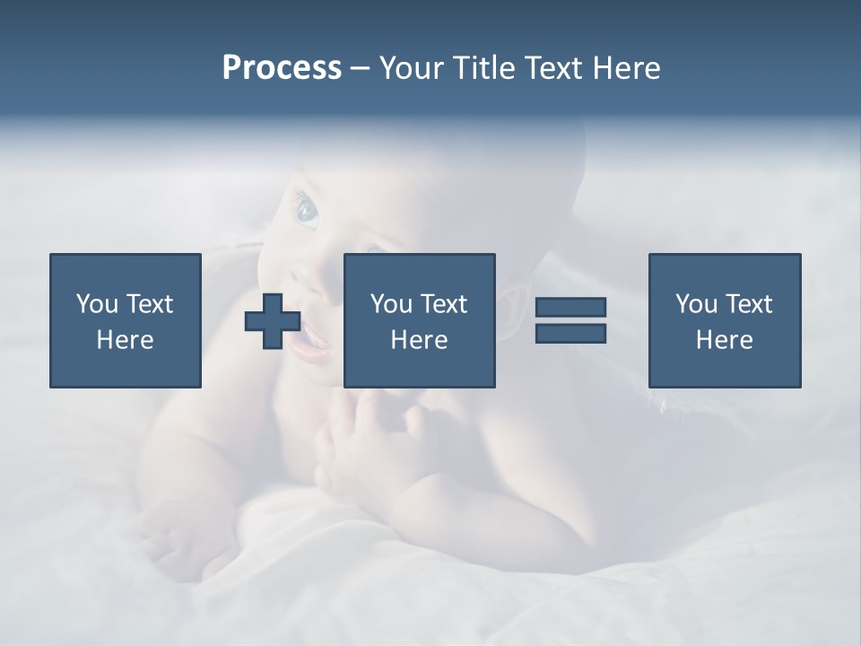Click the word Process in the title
(282, 68)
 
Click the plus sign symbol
(273, 321)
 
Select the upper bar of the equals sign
(570, 307)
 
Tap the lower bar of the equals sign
(570, 333)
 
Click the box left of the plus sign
(125, 320)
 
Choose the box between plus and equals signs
(419, 320)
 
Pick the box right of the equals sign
(724, 320)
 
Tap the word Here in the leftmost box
(125, 340)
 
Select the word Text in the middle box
(443, 304)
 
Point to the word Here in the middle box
(419, 340)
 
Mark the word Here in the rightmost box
(724, 340)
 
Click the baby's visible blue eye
(307, 212)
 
